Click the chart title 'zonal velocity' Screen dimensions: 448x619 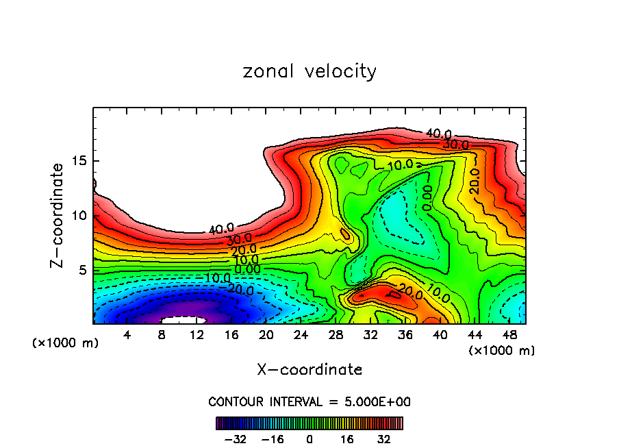coord(309,71)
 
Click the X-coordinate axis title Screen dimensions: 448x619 coord(309,370)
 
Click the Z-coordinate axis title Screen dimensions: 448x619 coord(58,215)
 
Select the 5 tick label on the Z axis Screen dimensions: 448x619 coord(81,270)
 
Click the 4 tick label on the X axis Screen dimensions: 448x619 coord(127,335)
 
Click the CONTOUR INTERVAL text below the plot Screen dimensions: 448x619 coord(309,401)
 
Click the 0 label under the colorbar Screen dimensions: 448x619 coord(309,438)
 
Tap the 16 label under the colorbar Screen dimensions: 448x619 coord(347,438)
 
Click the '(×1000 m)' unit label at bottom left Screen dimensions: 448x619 coord(66,343)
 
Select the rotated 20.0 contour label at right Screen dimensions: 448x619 coord(474,180)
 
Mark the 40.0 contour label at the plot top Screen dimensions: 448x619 coord(438,134)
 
